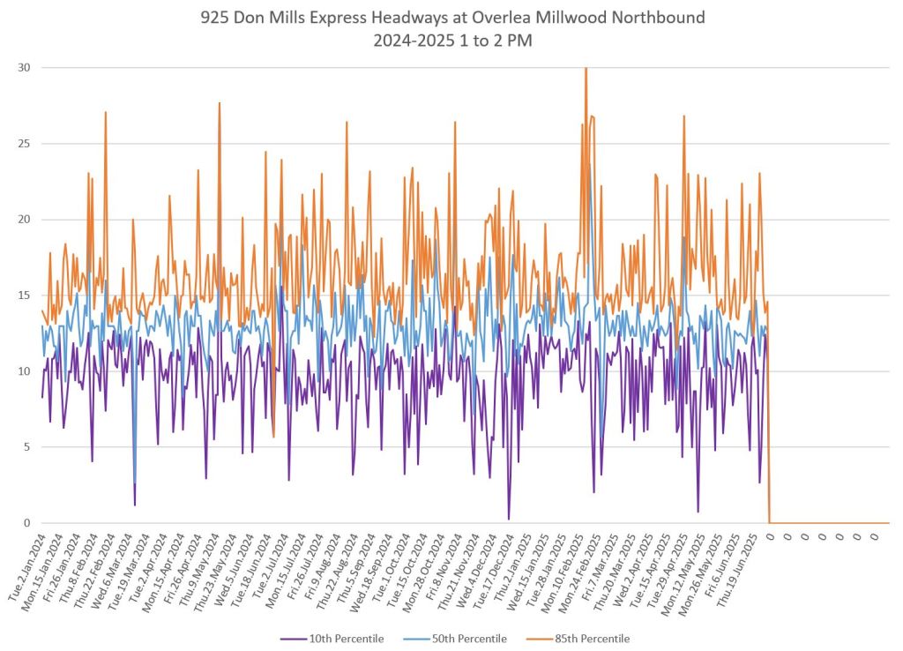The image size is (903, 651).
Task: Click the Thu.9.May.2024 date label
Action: coord(199,567)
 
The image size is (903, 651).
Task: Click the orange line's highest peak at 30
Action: coord(586,69)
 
